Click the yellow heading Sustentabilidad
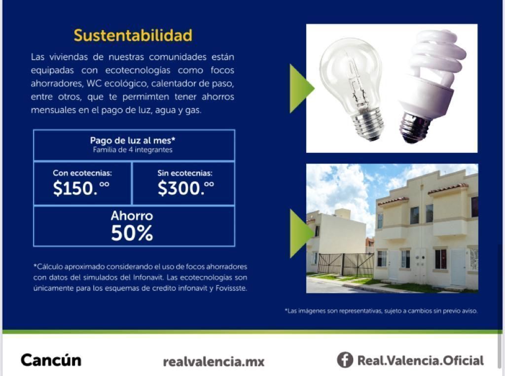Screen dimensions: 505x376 [x=133, y=35]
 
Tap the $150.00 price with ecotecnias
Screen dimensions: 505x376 [x=81, y=188]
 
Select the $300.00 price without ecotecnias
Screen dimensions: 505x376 [x=186, y=188]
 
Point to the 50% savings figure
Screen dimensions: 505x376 [x=132, y=233]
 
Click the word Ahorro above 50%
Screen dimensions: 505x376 [x=132, y=216]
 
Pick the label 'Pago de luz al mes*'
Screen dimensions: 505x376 [x=133, y=140]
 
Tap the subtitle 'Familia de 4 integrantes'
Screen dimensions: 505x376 [x=133, y=150]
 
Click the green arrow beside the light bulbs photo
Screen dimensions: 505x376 [x=301, y=89]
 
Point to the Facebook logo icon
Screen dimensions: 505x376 [x=345, y=360]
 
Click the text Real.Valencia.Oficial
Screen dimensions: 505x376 [x=421, y=361]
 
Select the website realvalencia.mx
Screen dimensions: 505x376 [x=214, y=362]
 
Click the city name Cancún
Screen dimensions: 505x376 [x=51, y=360]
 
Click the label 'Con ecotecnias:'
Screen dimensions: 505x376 [x=82, y=173]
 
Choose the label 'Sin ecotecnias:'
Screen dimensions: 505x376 [x=185, y=173]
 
